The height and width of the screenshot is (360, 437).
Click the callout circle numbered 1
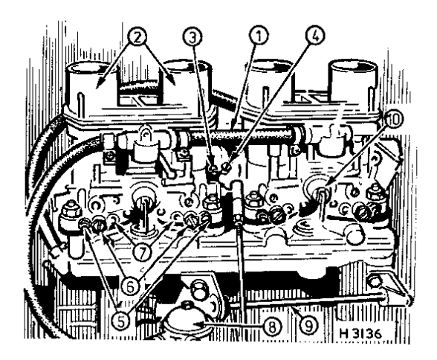point(259,36)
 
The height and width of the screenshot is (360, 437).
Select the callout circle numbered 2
point(137,36)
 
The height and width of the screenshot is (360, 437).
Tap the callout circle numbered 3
point(193,37)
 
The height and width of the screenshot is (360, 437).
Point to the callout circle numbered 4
point(315,36)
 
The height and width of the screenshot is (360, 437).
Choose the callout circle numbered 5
point(120,322)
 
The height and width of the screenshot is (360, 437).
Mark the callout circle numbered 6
point(131,286)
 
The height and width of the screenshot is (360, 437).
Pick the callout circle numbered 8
point(271,326)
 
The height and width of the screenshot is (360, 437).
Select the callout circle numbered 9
point(309,325)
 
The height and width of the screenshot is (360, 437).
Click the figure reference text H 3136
point(360,333)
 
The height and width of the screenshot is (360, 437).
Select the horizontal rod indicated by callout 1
point(239,134)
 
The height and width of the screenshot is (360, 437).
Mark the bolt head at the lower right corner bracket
point(375,282)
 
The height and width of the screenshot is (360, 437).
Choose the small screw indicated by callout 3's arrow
point(213,169)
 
